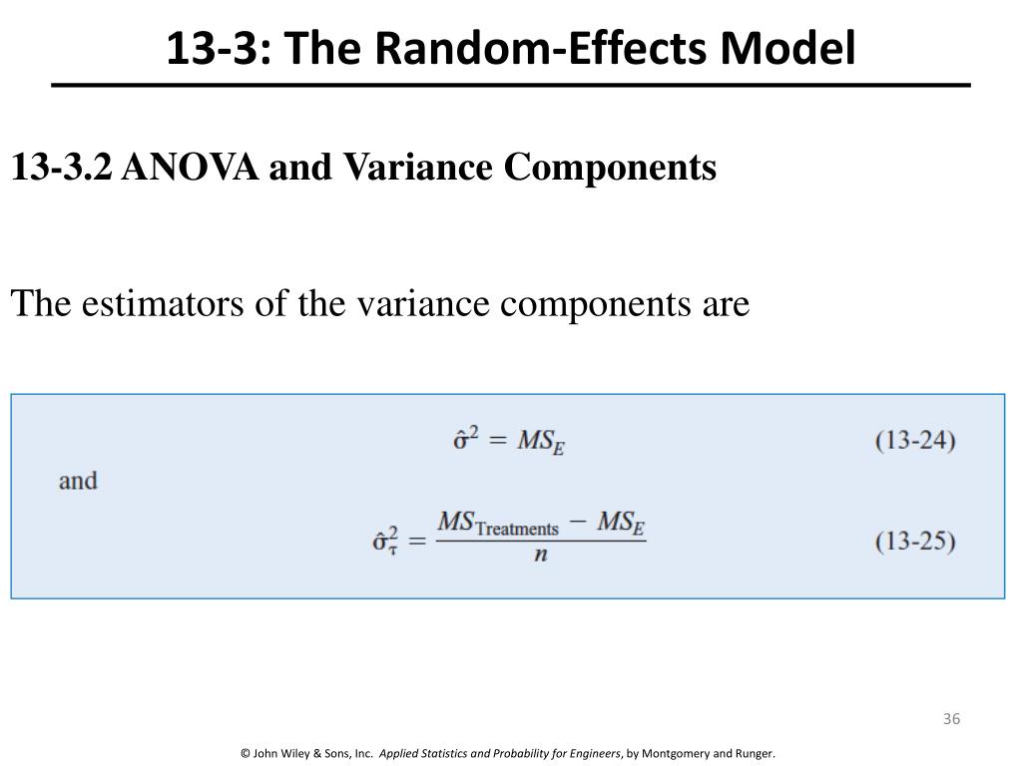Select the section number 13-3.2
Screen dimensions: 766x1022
pos(62,168)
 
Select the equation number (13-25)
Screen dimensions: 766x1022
pos(915,542)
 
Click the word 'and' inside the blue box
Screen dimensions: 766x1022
pos(78,481)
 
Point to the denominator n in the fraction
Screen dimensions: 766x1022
pos(540,556)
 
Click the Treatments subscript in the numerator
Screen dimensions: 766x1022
pos(517,529)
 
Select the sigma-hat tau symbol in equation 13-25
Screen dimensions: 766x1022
pos(384,542)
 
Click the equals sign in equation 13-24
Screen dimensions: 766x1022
pos(499,441)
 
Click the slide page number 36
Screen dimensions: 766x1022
pos(950,720)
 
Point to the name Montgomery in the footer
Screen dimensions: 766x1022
pos(684,753)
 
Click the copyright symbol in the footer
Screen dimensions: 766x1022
pos(246,753)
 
